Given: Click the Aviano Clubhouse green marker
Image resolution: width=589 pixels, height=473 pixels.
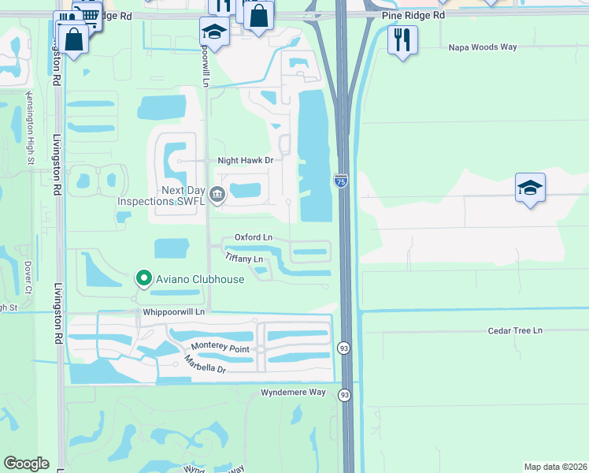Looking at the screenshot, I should tap(143, 278).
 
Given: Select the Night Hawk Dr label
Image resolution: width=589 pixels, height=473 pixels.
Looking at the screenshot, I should tap(245, 160).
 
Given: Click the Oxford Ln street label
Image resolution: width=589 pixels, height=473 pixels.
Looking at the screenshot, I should tap(254, 237).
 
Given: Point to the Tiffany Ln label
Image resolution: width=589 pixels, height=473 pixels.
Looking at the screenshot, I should tap(243, 258).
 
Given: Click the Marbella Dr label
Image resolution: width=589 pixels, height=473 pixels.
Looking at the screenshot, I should tap(205, 365).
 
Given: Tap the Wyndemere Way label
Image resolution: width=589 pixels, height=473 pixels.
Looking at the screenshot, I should tap(293, 392).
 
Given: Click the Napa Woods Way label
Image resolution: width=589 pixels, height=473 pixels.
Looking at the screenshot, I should tap(483, 47).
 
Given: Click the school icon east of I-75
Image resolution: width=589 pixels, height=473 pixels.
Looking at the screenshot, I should tap(531, 188).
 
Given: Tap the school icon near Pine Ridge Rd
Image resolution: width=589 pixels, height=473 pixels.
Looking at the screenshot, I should tap(213, 32).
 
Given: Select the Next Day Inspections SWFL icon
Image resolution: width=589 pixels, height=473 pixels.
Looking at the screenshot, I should tap(217, 195).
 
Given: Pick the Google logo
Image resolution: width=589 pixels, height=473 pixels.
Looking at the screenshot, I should tap(26, 464).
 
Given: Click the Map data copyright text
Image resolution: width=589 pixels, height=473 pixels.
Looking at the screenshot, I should tap(555, 467).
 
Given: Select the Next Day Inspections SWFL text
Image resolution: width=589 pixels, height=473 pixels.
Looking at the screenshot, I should tap(161, 196).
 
